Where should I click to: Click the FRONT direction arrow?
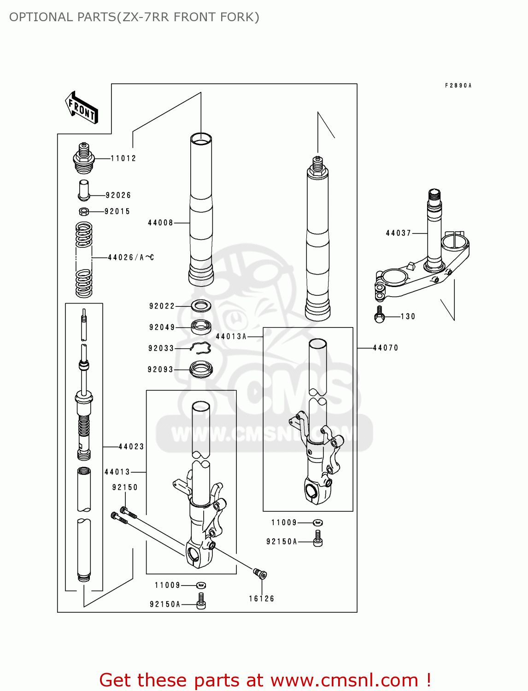[82, 108]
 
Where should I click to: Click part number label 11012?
[123, 158]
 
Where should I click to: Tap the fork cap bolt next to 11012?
[84, 158]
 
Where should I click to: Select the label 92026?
[118, 195]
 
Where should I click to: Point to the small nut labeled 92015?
[84, 211]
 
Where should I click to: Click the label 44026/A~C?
[131, 258]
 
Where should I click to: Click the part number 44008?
[160, 223]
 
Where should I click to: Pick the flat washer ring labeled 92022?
[201, 305]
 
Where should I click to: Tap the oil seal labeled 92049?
[201, 327]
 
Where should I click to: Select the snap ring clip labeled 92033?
[200, 349]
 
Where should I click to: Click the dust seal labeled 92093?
[201, 369]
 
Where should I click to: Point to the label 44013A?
[231, 337]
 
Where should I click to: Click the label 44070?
[386, 348]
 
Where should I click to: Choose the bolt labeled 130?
[380, 316]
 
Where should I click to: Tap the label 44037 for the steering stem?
[399, 233]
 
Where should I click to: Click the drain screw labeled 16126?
[260, 574]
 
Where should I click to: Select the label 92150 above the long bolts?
[125, 487]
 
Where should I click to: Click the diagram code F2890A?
[458, 86]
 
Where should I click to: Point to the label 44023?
[131, 447]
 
